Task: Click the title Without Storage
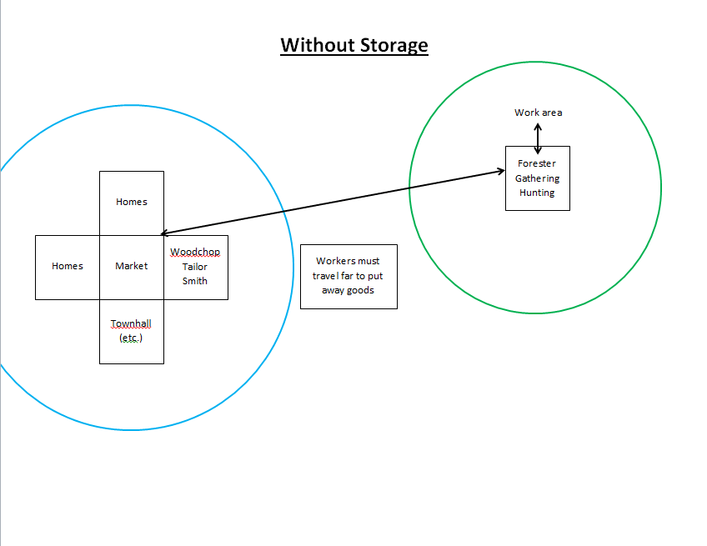tap(353, 45)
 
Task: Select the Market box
tap(132, 266)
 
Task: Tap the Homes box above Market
tap(132, 202)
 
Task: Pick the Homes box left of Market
tap(68, 266)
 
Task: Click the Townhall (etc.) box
tap(132, 331)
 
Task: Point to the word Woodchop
tap(195, 252)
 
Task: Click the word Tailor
tap(195, 267)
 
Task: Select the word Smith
tap(195, 281)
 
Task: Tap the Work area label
tap(538, 113)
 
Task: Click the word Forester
tap(537, 163)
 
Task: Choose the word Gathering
tap(537, 178)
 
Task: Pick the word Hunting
tap(537, 193)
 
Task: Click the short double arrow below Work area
tap(538, 138)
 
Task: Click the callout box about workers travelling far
tap(348, 277)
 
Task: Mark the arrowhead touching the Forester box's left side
tap(499, 172)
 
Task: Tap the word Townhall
tap(131, 323)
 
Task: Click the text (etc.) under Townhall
tap(131, 338)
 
